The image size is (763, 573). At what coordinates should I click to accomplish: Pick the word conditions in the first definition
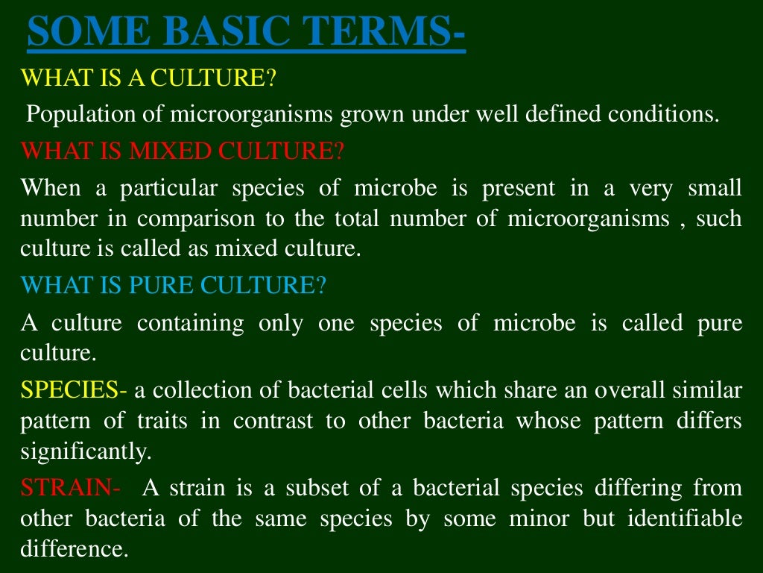coord(665,115)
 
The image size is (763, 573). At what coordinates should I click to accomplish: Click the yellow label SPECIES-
coord(74,389)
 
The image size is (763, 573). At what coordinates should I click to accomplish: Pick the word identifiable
coord(683,519)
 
